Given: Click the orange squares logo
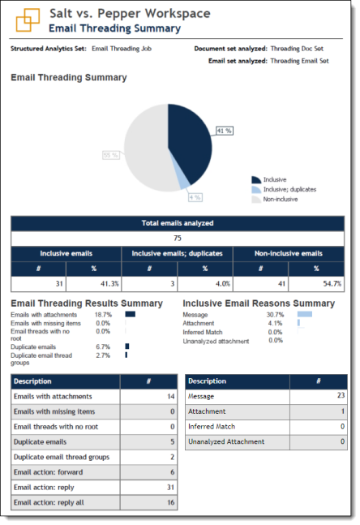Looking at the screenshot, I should pyautogui.click(x=29, y=19).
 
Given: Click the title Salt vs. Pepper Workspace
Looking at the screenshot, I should pyautogui.click(x=130, y=14).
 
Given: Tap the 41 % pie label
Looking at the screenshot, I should pyautogui.click(x=225, y=131).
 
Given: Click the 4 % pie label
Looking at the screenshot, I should pyautogui.click(x=195, y=197).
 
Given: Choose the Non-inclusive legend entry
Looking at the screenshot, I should pyautogui.click(x=281, y=199).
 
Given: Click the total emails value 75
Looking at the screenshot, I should pyautogui.click(x=178, y=239).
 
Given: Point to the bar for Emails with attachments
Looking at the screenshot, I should pyautogui.click(x=130, y=314).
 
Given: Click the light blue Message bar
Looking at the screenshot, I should pyautogui.click(x=304, y=314).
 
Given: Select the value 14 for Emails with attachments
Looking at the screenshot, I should pyautogui.click(x=171, y=396).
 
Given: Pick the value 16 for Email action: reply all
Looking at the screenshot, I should pyautogui.click(x=171, y=503).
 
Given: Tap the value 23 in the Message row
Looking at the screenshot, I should pyautogui.click(x=341, y=396).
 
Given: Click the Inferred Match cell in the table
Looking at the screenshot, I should pyautogui.click(x=211, y=426).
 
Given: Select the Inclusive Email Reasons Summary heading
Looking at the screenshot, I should pyautogui.click(x=259, y=303).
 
